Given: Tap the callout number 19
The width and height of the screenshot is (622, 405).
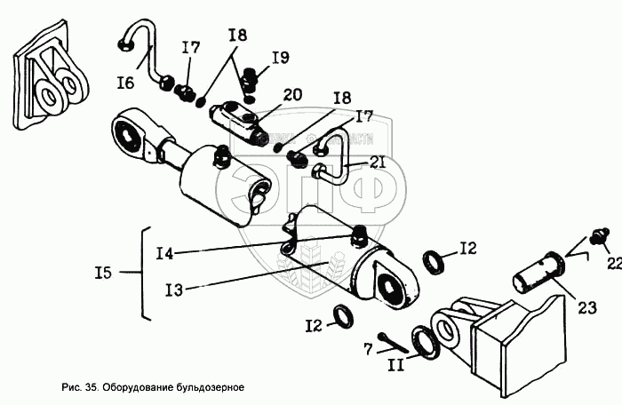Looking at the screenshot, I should coord(280,58).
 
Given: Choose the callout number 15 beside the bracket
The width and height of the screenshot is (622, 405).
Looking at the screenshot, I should coord(103,274).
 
